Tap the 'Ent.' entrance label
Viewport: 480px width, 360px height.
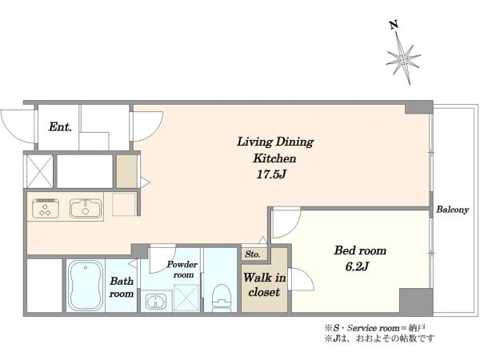[60, 126]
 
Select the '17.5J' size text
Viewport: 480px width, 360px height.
[271, 174]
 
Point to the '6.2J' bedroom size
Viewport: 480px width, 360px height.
[357, 266]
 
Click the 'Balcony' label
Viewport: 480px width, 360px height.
[453, 210]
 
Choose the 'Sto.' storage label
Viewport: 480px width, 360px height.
[253, 254]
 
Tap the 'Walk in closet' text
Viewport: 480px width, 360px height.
[265, 285]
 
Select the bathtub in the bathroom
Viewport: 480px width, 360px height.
[86, 286]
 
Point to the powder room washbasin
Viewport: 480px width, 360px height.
[156, 302]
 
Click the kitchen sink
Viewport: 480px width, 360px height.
[86, 208]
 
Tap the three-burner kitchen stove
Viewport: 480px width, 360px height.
[46, 208]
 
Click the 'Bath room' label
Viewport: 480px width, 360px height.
[122, 287]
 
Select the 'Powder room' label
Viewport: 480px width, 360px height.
[182, 270]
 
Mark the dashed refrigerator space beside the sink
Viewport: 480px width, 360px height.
[124, 204]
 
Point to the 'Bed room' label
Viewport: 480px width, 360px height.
[360, 250]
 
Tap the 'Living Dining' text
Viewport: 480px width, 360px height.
[275, 142]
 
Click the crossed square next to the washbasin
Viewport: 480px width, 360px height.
[186, 298]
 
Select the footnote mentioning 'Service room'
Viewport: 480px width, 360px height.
[375, 328]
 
